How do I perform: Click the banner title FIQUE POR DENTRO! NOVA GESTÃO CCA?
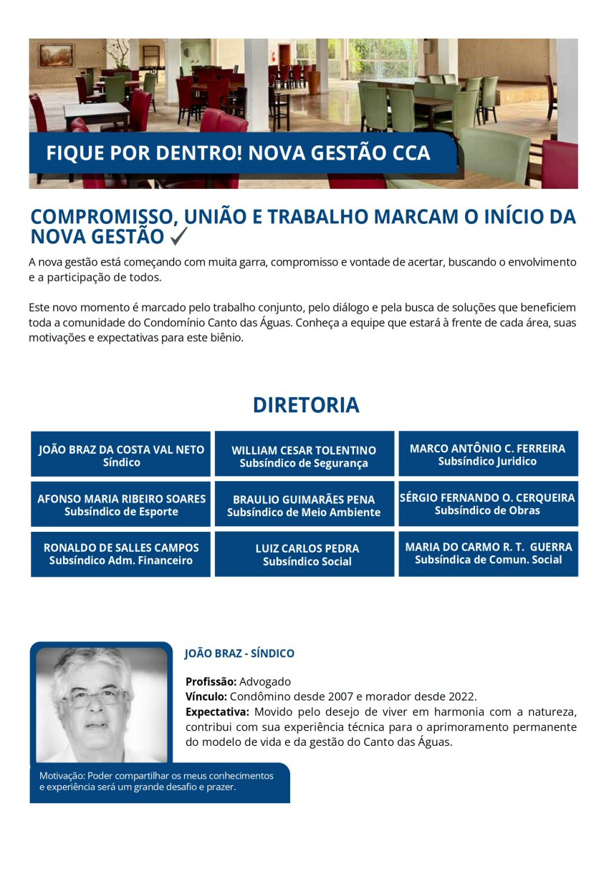point(238,153)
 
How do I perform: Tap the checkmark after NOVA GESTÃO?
point(179,235)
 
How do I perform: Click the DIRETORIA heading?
point(305,405)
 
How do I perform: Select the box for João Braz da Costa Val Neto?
point(121,455)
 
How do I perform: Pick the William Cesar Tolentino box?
point(304,455)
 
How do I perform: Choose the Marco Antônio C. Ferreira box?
point(488,455)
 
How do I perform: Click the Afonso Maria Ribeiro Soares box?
point(121,504)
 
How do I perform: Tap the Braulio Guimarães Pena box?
point(304,504)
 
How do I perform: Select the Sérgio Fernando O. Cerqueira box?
point(488,504)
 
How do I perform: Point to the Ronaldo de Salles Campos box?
point(121,553)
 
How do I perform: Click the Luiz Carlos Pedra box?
point(304,554)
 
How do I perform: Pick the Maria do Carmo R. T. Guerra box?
point(488,553)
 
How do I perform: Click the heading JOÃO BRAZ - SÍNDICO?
point(239,654)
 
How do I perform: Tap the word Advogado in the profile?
point(265,682)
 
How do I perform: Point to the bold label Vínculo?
point(206,696)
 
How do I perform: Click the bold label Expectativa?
point(217,712)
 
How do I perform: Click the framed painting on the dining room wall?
point(56,55)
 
